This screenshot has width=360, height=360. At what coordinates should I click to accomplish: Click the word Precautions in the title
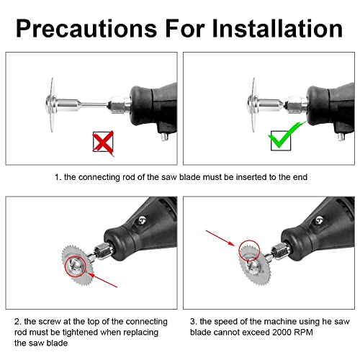[x=86, y=28]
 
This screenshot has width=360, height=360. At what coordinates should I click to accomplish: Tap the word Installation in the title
[x=277, y=28]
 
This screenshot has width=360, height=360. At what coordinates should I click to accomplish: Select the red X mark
[x=103, y=143]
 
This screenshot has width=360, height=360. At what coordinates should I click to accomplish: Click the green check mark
[x=286, y=135]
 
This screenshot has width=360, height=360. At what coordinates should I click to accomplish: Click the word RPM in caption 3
[x=304, y=333]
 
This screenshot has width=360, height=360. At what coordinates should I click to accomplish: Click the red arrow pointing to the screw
[x=102, y=280]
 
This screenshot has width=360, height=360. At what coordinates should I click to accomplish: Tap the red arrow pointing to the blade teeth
[x=220, y=238]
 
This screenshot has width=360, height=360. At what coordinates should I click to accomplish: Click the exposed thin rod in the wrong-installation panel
[x=94, y=104]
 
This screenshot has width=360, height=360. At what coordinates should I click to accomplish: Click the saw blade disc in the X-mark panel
[x=53, y=104]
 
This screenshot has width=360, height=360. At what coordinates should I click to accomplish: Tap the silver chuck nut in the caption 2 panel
[x=104, y=251]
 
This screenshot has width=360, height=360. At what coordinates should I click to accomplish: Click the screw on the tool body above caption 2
[x=143, y=220]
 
